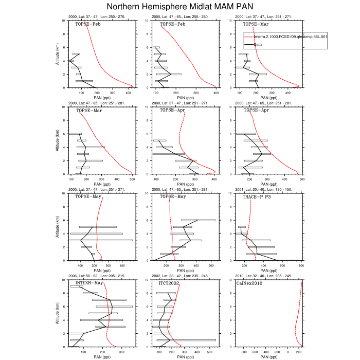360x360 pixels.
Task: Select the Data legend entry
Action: point(258,45)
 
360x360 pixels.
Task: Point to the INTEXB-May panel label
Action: point(89,283)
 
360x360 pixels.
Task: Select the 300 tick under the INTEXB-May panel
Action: point(121,352)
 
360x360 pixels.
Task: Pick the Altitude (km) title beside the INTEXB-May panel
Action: point(58,313)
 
